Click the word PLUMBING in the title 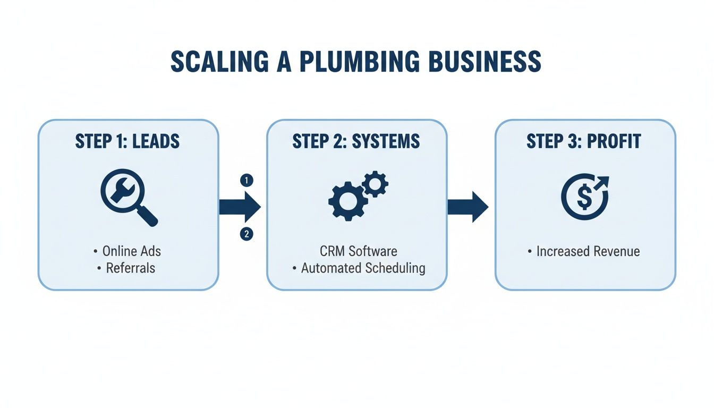[355, 62]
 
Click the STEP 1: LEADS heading [127, 141]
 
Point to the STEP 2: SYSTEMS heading [356, 141]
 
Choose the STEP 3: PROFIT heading [584, 141]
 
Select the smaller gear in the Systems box [375, 184]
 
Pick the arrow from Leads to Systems [240, 207]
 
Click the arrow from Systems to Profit [467, 207]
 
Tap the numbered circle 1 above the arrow [246, 180]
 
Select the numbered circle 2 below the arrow [246, 233]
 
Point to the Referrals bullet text [131, 268]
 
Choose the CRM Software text [358, 251]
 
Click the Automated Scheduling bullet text [363, 268]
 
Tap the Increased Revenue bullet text [588, 251]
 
